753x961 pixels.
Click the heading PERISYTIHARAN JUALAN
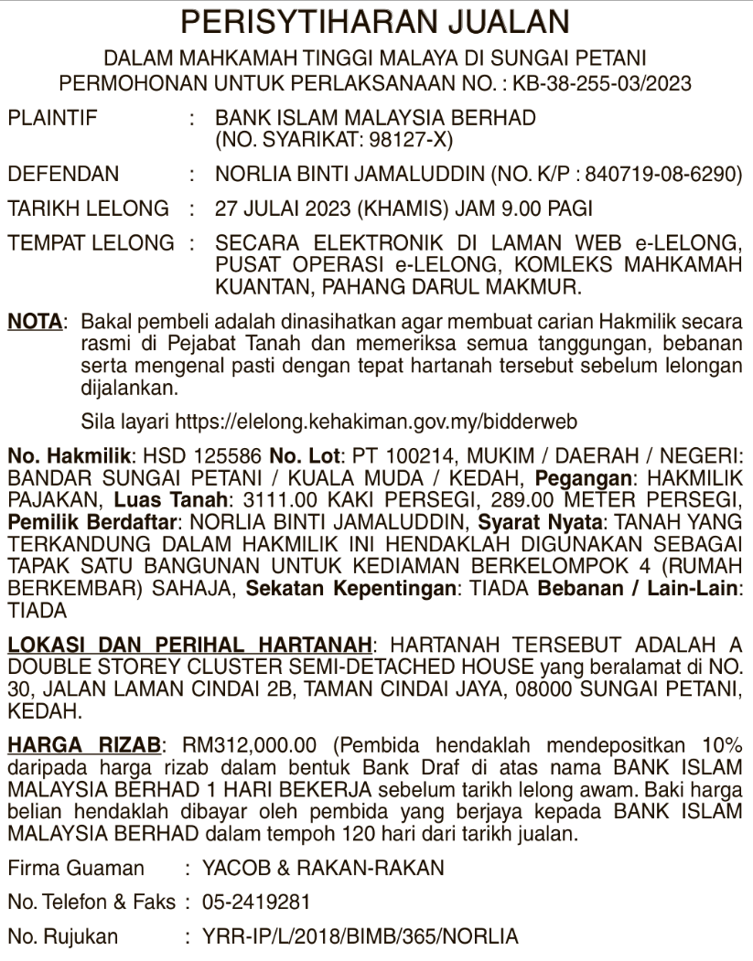[376, 20]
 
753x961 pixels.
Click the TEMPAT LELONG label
[90, 244]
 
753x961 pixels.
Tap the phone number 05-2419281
[257, 902]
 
